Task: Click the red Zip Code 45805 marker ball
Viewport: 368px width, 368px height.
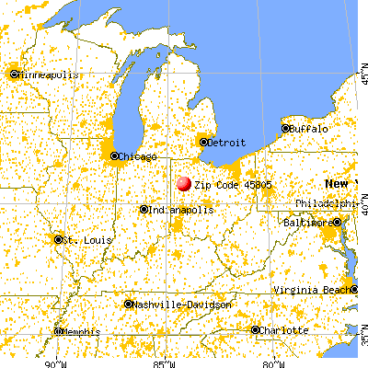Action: (182, 184)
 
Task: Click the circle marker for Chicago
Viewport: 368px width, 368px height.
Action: (115, 156)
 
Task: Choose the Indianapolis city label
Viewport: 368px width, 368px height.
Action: (180, 210)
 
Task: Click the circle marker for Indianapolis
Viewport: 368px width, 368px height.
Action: (144, 210)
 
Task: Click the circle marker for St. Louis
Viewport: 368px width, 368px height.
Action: (60, 240)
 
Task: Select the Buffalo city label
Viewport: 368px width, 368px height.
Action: (308, 129)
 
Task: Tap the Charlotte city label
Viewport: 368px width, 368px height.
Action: (281, 329)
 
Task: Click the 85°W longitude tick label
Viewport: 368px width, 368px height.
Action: (167, 360)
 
